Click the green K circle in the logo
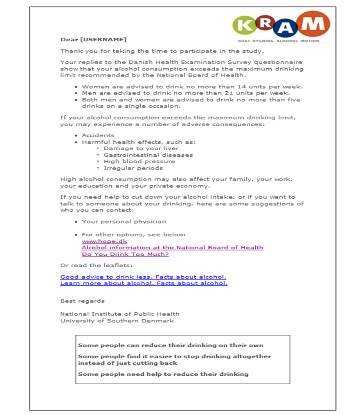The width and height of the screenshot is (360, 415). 245,25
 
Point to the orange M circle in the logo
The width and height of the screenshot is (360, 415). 313,24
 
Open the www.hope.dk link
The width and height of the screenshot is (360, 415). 99,241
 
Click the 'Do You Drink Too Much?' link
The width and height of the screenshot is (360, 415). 125,254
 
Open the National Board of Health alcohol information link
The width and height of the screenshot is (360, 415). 172,248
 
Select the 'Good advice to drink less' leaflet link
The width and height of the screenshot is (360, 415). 143,277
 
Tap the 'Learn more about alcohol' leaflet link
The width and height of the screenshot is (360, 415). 144,283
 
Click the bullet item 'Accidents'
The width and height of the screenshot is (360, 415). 98,135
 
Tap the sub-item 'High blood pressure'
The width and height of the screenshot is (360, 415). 133,162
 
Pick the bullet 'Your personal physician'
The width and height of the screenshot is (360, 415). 124,221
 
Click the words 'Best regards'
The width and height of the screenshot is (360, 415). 82,301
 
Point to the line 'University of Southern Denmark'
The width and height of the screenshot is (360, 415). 117,320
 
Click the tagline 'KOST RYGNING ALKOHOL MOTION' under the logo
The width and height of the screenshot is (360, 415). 278,41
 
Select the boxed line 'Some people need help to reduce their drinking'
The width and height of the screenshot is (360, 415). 163,374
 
